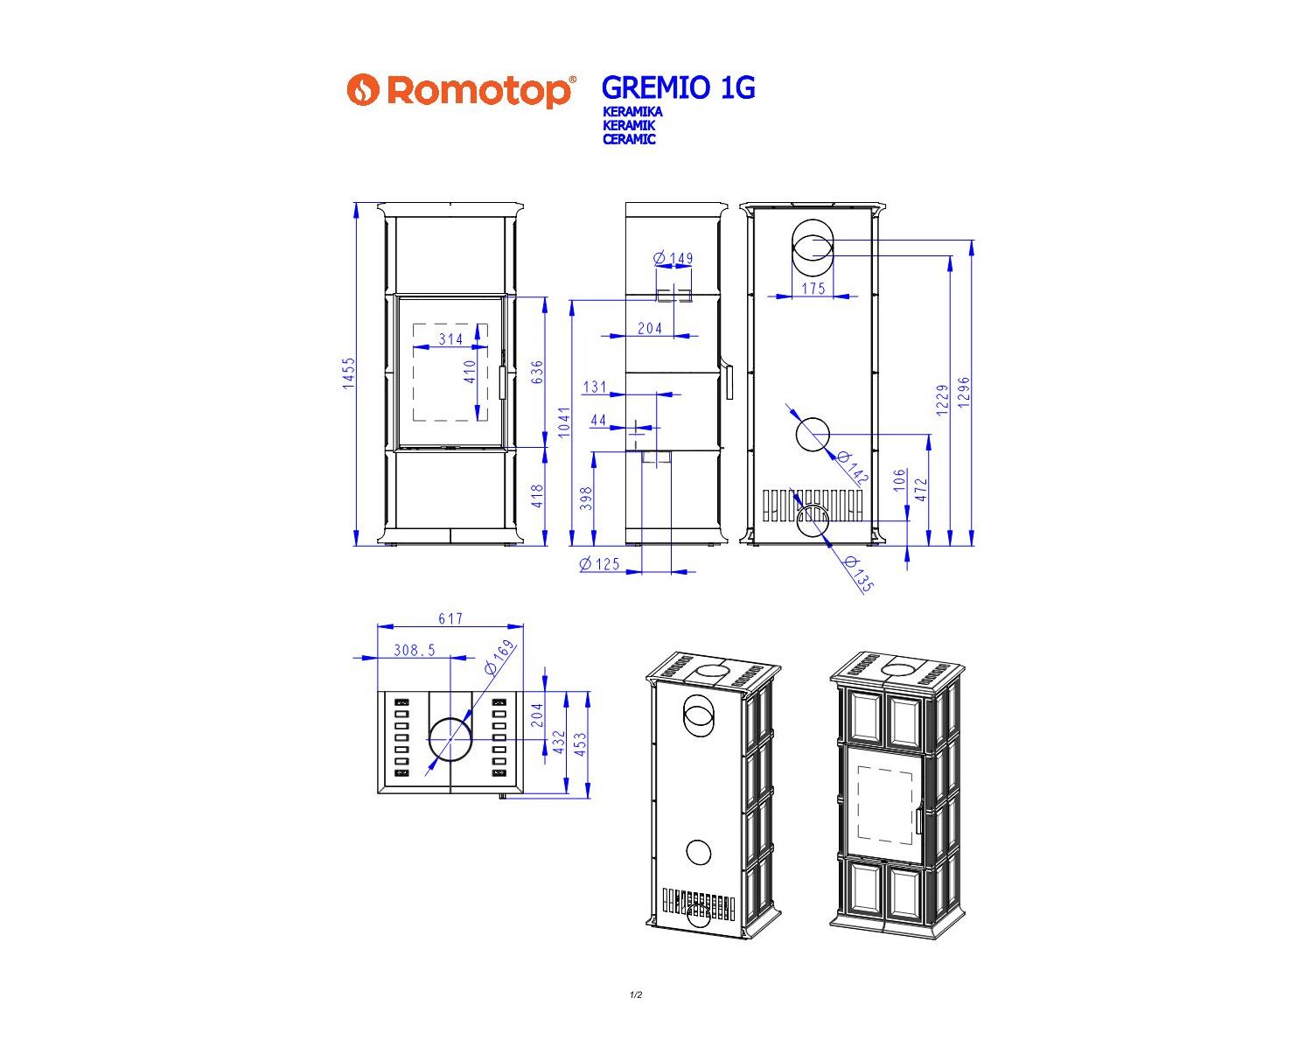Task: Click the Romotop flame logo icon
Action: click(x=363, y=89)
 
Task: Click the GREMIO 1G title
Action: click(x=678, y=87)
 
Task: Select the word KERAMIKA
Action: click(x=632, y=112)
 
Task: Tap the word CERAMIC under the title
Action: click(x=629, y=139)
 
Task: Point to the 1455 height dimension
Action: click(x=348, y=373)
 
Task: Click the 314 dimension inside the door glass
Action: click(x=450, y=339)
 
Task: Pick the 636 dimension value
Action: click(x=537, y=372)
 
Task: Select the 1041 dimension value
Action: click(x=564, y=422)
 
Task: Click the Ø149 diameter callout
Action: click(x=673, y=259)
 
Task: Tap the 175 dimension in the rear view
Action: click(x=813, y=288)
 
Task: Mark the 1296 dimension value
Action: click(x=964, y=393)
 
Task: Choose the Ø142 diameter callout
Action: click(x=852, y=468)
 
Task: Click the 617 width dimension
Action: click(x=450, y=618)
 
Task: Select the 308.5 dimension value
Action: click(x=415, y=651)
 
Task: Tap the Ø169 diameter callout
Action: click(x=500, y=658)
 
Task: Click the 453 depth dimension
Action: click(x=581, y=744)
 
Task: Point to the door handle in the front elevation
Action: click(x=502, y=383)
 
